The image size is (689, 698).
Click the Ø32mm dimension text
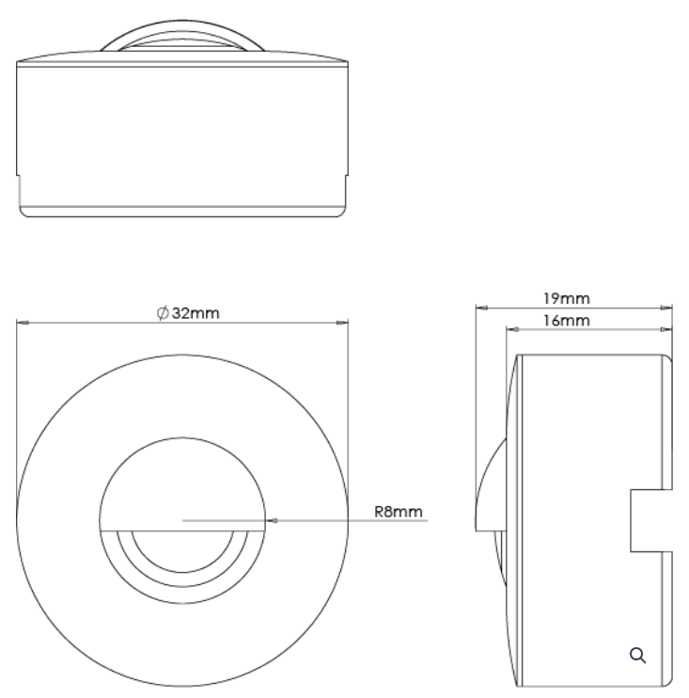coord(190,313)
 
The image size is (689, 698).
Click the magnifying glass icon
coord(638,655)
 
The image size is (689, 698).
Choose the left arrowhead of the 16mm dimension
coord(511,329)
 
